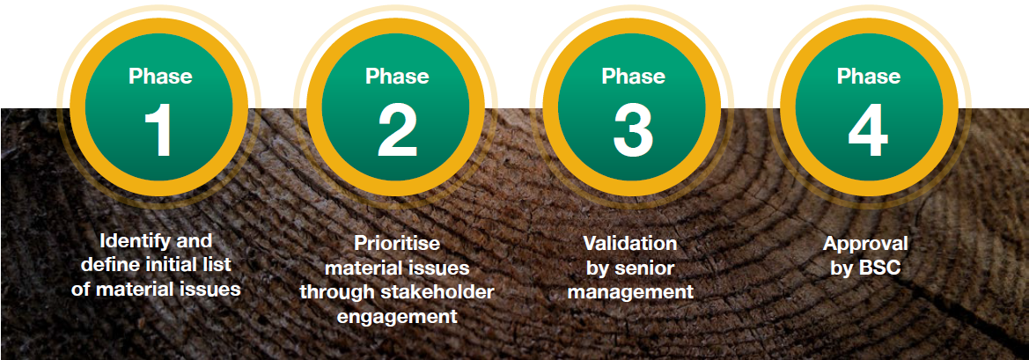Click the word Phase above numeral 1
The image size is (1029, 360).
[x=160, y=76]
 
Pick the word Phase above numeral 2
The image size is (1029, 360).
[x=397, y=76]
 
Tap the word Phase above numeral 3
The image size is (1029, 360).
[x=633, y=76]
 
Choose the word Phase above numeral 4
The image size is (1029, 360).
[x=868, y=76]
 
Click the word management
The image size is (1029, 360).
[x=630, y=292]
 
